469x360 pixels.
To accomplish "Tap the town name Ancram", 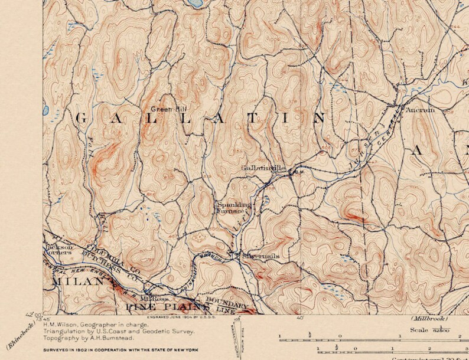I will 420,110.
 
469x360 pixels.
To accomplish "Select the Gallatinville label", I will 263,168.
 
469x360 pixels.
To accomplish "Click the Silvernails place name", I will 260,256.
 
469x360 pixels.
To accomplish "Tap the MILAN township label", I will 74,283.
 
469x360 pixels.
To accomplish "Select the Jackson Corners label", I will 58,248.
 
